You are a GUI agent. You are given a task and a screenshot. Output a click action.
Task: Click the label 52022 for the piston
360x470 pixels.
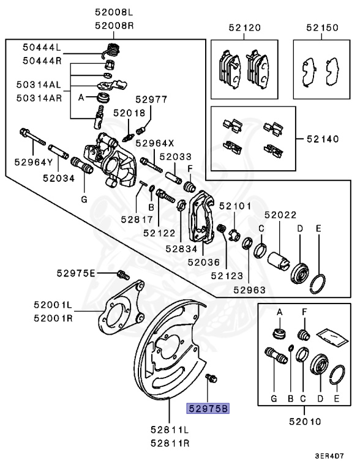[x=280, y=215]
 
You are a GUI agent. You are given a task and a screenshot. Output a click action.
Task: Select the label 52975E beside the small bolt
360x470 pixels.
[x=77, y=272]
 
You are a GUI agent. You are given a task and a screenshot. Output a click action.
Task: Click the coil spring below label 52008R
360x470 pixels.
[x=111, y=51]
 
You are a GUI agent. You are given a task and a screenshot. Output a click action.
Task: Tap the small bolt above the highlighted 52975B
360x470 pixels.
[x=212, y=380]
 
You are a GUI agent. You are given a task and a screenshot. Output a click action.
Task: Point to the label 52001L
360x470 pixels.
[x=53, y=304]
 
